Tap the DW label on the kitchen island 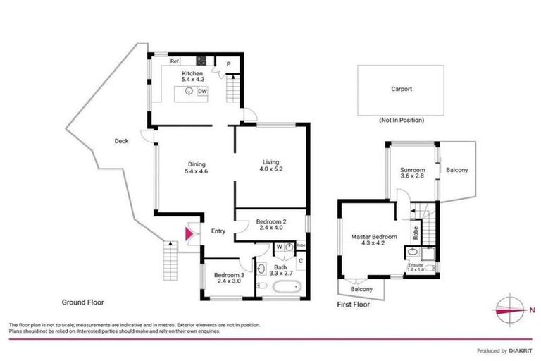(x=202, y=92)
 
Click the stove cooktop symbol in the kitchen (x=200, y=61)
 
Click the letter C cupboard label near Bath (x=301, y=261)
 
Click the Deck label (x=121, y=141)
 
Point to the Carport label (x=402, y=90)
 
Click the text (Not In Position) (x=402, y=121)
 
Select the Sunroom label (x=412, y=170)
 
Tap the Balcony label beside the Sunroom (x=457, y=170)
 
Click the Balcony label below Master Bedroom (x=361, y=290)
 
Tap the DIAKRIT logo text (x=520, y=350)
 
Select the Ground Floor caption (x=82, y=302)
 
